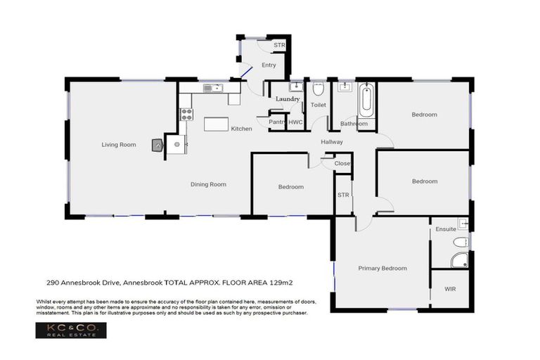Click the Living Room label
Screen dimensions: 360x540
click(118, 145)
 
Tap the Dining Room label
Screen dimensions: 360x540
click(208, 184)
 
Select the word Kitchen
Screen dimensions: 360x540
click(241, 129)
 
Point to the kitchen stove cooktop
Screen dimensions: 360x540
click(186, 114)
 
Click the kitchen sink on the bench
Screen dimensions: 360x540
click(212, 88)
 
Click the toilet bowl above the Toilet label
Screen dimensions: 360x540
click(318, 89)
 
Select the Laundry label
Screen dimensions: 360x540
click(288, 99)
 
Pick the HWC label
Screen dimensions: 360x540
click(295, 122)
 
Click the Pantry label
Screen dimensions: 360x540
click(277, 122)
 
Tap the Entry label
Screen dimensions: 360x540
click(269, 65)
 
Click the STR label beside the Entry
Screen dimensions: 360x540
click(279, 45)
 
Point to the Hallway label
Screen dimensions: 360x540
click(332, 142)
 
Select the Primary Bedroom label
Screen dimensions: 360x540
click(382, 268)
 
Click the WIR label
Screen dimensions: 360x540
click(451, 289)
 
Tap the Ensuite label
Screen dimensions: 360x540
click(446, 229)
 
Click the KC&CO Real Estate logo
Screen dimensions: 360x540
click(71, 331)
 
